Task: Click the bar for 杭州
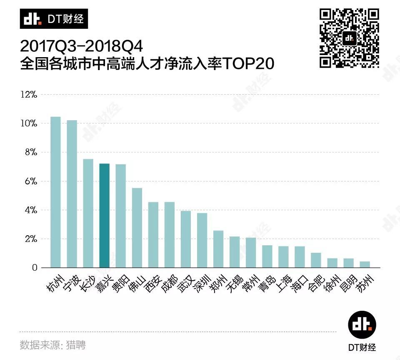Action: click(x=55, y=192)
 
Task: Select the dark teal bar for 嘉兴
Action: click(x=104, y=215)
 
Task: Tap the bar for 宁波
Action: click(x=72, y=194)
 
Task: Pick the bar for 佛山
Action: click(x=137, y=228)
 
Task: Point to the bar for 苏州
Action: click(x=365, y=264)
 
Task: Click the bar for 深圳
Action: click(x=202, y=240)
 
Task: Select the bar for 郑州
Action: click(x=218, y=249)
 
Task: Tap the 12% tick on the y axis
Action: click(x=29, y=95)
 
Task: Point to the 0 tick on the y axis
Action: click(x=34, y=268)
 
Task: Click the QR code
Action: click(x=349, y=38)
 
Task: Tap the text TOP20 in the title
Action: click(x=249, y=65)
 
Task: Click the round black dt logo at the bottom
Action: click(x=362, y=325)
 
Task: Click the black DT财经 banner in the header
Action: click(x=54, y=19)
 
